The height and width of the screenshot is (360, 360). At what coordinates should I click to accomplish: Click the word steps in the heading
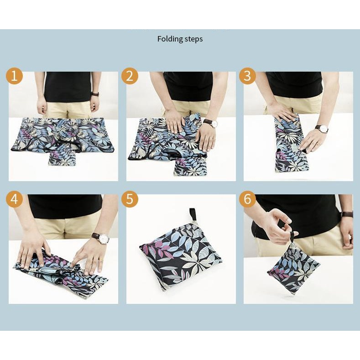click(194, 40)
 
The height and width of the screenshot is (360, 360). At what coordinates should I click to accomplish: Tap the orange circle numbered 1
click(14, 76)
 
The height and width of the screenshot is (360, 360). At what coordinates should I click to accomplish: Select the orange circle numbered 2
click(130, 76)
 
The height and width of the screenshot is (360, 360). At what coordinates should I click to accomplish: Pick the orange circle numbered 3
click(247, 76)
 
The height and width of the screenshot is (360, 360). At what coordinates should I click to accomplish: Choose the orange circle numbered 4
click(14, 199)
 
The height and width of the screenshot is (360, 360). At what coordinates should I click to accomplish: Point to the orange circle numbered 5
click(130, 199)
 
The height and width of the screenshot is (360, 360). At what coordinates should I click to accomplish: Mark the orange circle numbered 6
click(247, 199)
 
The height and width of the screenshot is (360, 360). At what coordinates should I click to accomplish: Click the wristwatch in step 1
click(95, 94)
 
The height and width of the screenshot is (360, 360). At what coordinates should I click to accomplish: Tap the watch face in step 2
click(214, 124)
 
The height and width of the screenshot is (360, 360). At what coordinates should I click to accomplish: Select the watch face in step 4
click(104, 239)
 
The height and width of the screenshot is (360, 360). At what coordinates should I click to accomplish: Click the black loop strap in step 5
click(192, 214)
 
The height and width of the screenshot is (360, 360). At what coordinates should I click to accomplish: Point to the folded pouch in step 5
click(181, 255)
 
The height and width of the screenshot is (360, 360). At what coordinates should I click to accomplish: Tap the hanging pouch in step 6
click(294, 268)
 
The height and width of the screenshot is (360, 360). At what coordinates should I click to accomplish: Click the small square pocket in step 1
click(62, 157)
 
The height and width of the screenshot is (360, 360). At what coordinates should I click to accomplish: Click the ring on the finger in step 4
click(100, 260)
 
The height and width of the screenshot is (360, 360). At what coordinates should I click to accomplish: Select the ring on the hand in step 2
click(214, 139)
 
